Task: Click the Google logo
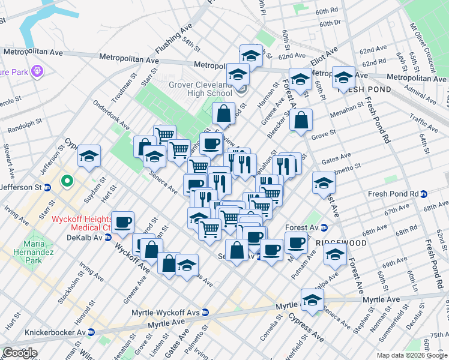(x=20, y=352)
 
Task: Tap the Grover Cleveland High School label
(x=200, y=89)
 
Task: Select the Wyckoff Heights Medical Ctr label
(x=82, y=223)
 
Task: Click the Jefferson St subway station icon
(x=46, y=187)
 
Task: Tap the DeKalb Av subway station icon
(x=108, y=237)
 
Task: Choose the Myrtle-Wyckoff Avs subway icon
(x=205, y=313)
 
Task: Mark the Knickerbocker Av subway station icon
(x=92, y=332)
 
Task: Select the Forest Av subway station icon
(x=324, y=227)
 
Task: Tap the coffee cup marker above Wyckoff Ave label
(x=123, y=222)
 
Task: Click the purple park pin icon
(x=37, y=71)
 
